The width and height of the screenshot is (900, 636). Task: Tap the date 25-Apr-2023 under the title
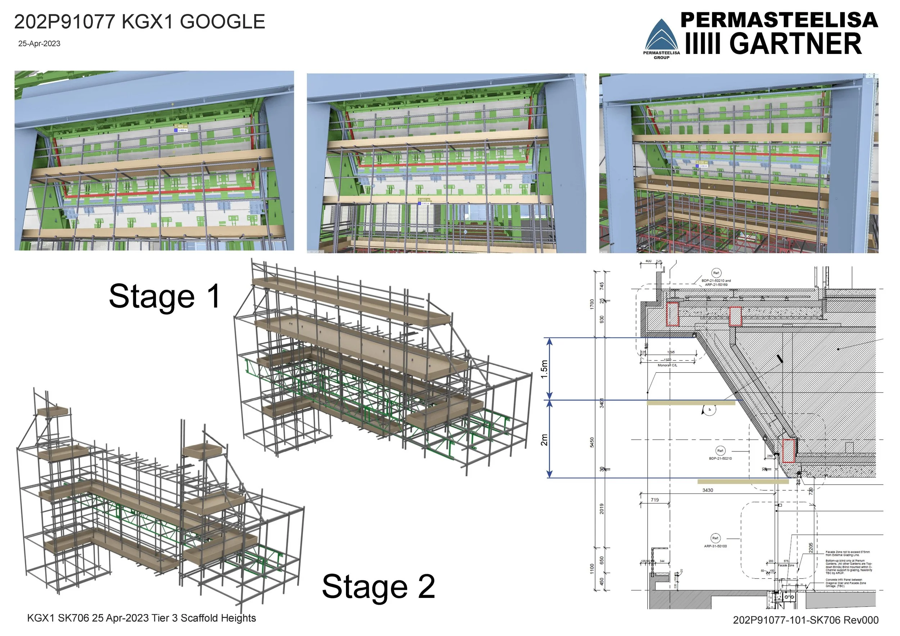(39, 44)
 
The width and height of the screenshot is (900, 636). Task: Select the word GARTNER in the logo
(795, 44)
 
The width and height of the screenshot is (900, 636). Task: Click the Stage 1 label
(165, 296)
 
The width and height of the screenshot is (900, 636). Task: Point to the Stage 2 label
(378, 586)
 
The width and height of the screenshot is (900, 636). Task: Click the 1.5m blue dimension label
(544, 369)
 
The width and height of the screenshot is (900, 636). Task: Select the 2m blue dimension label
(544, 439)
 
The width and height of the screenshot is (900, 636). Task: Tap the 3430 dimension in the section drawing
(707, 490)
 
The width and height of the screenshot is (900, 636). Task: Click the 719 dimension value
(654, 500)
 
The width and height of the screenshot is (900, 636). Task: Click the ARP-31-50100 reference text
(715, 546)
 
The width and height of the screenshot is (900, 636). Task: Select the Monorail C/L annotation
(667, 365)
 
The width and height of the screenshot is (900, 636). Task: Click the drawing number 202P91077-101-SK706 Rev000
(806, 620)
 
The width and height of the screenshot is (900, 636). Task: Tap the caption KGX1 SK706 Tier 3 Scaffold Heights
(141, 618)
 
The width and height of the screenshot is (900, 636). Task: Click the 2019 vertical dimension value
(602, 509)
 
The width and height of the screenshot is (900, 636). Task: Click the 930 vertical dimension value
(602, 319)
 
